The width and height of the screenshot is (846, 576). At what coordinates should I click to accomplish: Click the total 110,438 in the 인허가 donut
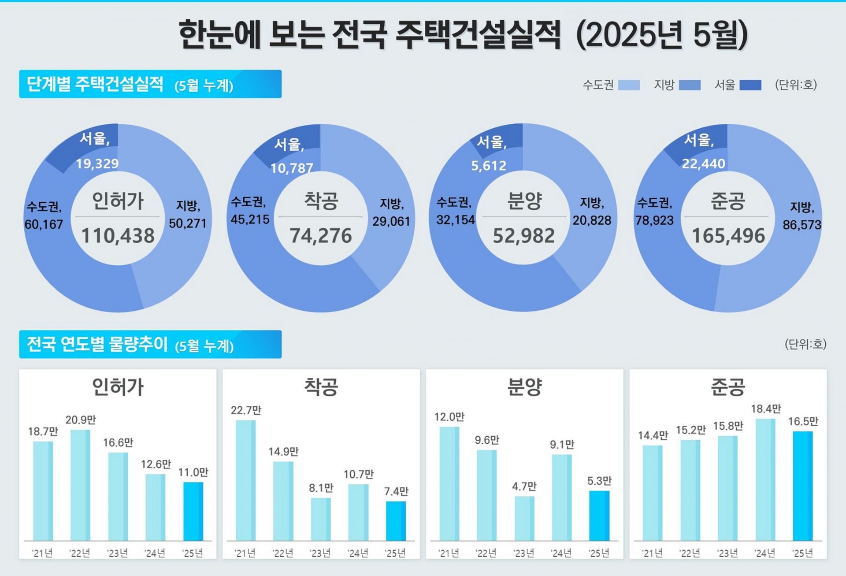pos(118,236)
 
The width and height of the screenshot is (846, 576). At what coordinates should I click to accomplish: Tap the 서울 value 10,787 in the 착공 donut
pos(291,168)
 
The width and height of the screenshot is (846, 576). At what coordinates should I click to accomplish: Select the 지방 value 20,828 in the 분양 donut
pos(592,220)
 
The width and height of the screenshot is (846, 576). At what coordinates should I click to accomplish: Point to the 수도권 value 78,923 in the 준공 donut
pos(654,220)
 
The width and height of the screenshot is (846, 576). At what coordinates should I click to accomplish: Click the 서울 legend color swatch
pos(750,85)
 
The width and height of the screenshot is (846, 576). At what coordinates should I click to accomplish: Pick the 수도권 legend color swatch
pos(629,85)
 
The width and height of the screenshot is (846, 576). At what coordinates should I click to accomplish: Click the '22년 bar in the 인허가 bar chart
pos(80,485)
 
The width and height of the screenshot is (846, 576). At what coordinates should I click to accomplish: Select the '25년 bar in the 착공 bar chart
pos(396,521)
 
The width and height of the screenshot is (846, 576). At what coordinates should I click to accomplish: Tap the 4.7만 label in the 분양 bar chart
pos(524,487)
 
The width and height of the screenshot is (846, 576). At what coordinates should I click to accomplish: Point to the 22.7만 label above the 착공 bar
pos(246,410)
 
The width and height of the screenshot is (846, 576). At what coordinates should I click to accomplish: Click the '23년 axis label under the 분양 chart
pos(523,553)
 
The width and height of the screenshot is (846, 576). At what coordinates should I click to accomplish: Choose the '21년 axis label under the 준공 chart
pos(652,553)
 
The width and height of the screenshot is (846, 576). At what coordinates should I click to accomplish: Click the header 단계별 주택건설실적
pos(95,84)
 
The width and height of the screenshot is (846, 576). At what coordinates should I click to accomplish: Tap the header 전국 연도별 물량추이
pos(97,344)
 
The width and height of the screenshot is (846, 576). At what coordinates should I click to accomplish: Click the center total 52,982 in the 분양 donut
pos(523,236)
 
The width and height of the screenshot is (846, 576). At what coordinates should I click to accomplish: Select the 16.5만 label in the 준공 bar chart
pos(803,421)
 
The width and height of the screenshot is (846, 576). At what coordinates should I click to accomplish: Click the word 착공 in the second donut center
pos(321,201)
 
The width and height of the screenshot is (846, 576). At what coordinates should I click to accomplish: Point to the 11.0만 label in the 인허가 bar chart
pos(193,472)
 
